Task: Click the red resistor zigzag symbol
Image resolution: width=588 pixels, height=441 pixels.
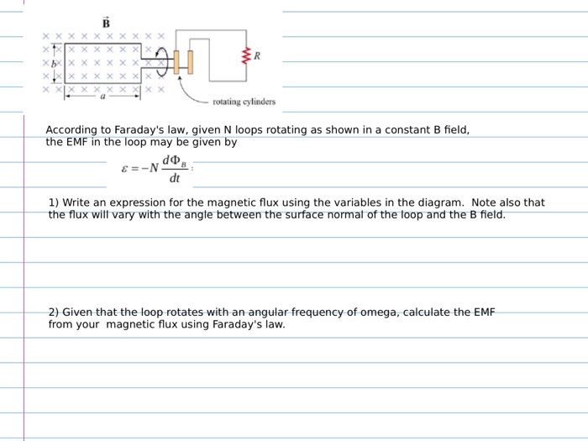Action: point(246,57)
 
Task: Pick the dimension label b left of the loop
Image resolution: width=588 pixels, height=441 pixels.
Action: point(53,64)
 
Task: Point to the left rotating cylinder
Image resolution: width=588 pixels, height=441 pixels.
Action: point(176,62)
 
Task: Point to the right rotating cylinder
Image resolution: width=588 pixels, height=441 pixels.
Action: point(191,62)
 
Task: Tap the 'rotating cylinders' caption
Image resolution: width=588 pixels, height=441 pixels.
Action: point(244,102)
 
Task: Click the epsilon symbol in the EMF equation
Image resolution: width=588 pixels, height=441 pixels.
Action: point(124,167)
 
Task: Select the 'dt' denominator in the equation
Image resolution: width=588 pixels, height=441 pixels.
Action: point(175,177)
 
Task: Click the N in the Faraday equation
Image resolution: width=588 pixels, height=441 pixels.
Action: point(154,167)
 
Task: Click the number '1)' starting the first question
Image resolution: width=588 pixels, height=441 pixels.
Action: point(54,202)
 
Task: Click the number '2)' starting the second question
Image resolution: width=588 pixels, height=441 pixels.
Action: point(54,312)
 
